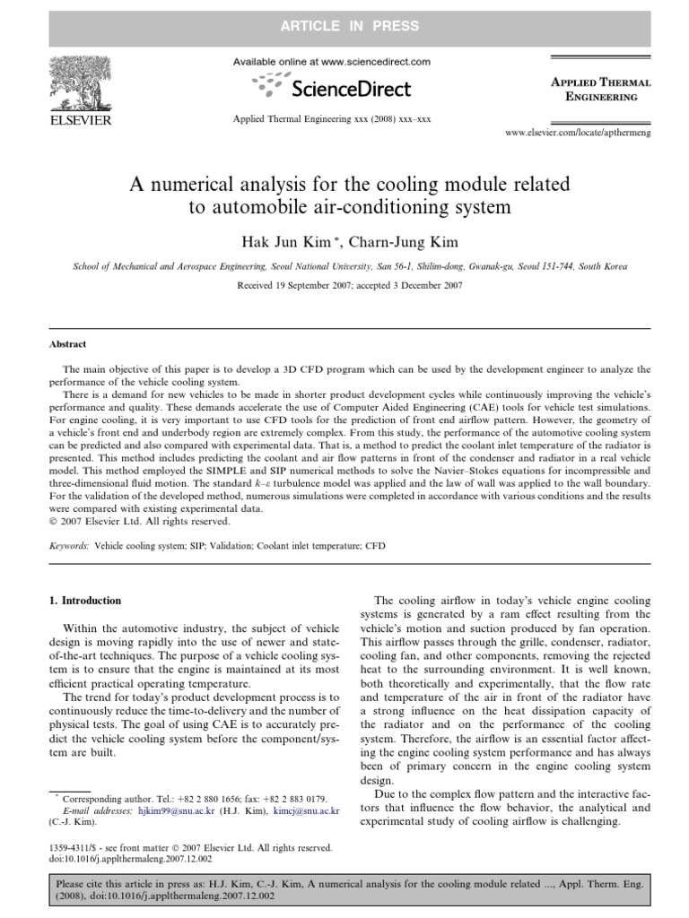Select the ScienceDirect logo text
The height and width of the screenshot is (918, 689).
point(344,88)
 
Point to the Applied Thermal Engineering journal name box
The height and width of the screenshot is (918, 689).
point(600,90)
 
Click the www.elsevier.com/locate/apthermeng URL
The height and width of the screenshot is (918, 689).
point(579,133)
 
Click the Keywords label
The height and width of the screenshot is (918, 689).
point(68,544)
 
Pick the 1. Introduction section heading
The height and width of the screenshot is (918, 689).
point(86,601)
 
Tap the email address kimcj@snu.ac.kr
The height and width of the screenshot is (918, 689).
point(308,810)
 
